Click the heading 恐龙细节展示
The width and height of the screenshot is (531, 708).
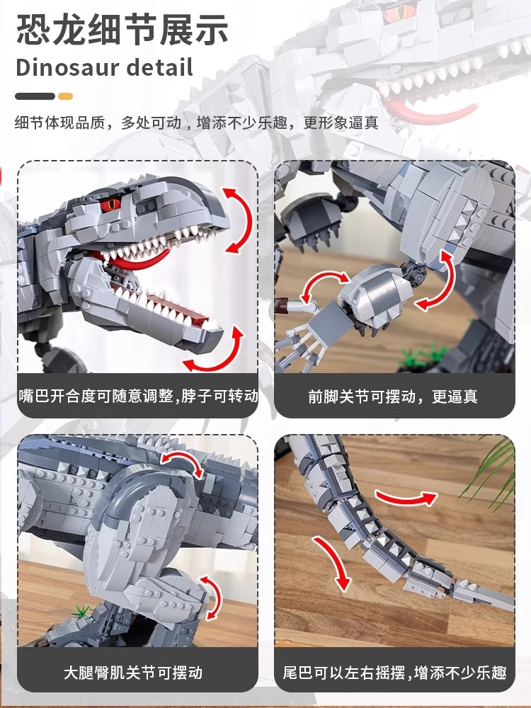[122, 30]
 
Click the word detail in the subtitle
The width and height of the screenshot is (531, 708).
[160, 67]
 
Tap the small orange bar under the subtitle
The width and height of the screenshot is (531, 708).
[65, 96]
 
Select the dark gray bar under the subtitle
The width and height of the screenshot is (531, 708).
[35, 96]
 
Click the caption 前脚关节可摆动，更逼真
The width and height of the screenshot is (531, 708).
[393, 396]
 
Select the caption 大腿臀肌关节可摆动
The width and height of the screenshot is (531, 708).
[133, 673]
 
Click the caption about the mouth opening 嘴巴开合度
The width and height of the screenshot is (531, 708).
[138, 396]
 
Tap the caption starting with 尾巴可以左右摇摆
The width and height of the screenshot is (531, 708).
[394, 673]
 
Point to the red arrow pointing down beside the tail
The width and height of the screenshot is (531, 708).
[333, 562]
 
